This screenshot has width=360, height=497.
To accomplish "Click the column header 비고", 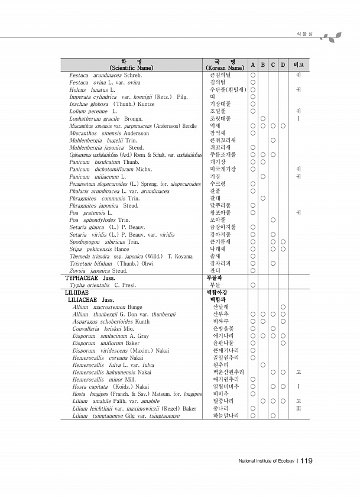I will click(x=299, y=64).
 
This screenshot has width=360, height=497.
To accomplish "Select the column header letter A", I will click(x=252, y=64).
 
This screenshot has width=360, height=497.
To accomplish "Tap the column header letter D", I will click(x=283, y=64).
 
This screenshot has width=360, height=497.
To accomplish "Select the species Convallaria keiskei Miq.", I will click(x=97, y=328).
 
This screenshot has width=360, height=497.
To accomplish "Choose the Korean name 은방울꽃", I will click(x=224, y=328).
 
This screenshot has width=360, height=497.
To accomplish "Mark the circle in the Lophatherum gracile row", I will click(x=262, y=118).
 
